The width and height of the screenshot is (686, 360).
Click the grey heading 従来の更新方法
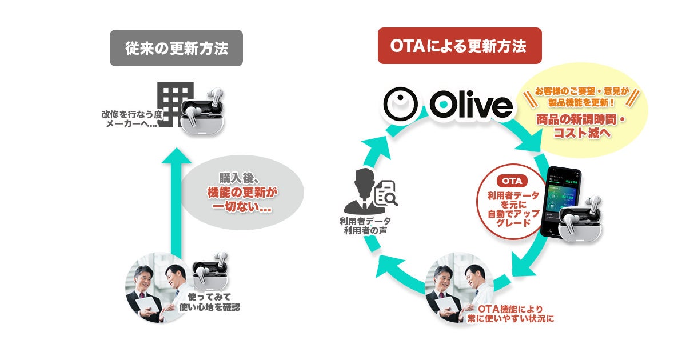point(176,48)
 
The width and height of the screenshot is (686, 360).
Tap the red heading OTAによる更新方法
point(459,46)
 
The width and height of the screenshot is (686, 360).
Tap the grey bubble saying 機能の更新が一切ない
point(241,193)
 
